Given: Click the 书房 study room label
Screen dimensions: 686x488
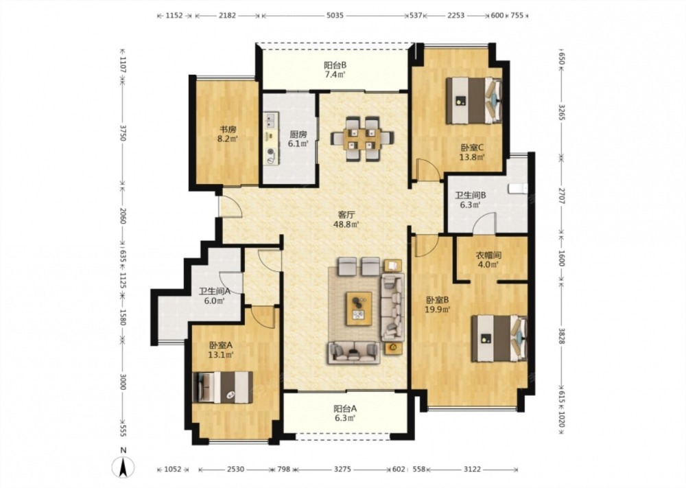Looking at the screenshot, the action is click(x=228, y=134).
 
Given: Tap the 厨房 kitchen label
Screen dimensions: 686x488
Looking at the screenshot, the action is click(x=298, y=139).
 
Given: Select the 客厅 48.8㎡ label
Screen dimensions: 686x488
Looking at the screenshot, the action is click(x=346, y=219).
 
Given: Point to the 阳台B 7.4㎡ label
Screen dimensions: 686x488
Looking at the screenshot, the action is click(x=335, y=69).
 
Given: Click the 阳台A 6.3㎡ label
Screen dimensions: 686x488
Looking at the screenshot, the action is click(x=345, y=413).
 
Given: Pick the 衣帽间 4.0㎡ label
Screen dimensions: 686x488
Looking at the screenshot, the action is click(x=488, y=259).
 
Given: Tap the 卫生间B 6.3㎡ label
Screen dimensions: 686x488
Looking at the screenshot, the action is click(x=470, y=200).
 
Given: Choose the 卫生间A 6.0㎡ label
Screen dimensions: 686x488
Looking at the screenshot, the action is click(x=214, y=296).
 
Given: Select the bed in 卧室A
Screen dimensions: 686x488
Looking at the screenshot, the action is click(x=223, y=387).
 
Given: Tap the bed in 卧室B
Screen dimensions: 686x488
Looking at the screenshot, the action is click(x=499, y=338).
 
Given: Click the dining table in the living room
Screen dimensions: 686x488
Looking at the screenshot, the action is click(x=362, y=139).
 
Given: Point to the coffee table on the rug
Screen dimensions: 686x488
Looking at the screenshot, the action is click(x=359, y=309).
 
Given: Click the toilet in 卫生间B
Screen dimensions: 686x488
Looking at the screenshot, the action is click(x=518, y=189).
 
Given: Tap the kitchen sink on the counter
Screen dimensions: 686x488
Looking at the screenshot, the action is click(x=270, y=120).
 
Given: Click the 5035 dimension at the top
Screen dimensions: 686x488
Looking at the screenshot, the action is click(x=335, y=15).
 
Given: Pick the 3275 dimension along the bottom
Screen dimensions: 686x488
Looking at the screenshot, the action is click(x=342, y=469).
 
